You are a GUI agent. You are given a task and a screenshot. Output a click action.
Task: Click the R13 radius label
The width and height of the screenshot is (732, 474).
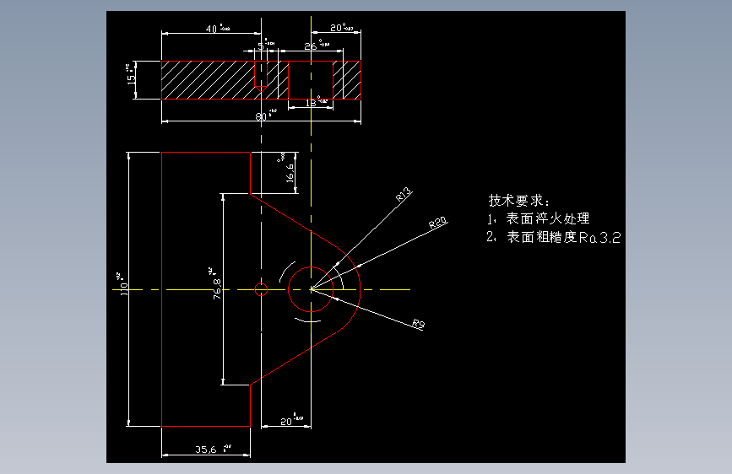[403, 196]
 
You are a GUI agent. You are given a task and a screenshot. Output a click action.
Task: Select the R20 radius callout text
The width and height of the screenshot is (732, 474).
[437, 223]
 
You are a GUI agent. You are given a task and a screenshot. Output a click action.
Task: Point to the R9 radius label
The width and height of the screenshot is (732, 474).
[417, 323]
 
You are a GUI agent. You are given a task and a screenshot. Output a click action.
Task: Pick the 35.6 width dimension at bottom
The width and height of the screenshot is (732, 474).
[207, 450]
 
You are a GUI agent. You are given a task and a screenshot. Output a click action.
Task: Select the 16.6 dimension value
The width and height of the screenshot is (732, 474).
[290, 173]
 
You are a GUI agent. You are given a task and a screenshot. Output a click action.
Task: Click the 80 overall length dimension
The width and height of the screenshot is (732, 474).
[264, 116]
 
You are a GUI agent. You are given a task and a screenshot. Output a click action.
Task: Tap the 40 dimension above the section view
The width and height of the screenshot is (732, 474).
[215, 29]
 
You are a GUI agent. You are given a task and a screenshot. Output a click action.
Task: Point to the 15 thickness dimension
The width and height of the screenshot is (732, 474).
[131, 78]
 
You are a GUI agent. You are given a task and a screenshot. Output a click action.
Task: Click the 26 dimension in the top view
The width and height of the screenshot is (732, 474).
[311, 46]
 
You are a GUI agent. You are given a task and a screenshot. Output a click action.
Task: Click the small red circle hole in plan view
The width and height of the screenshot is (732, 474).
[260, 290]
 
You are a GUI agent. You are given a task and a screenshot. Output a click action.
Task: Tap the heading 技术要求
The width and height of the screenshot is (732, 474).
[518, 202]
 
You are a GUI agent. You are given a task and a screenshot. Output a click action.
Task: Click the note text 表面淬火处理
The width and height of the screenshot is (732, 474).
[547, 219]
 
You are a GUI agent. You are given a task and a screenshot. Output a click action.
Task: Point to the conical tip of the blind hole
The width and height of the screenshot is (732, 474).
[261, 87]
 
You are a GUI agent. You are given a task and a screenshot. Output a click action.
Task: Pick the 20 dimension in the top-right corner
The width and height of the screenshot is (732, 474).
[339, 28]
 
